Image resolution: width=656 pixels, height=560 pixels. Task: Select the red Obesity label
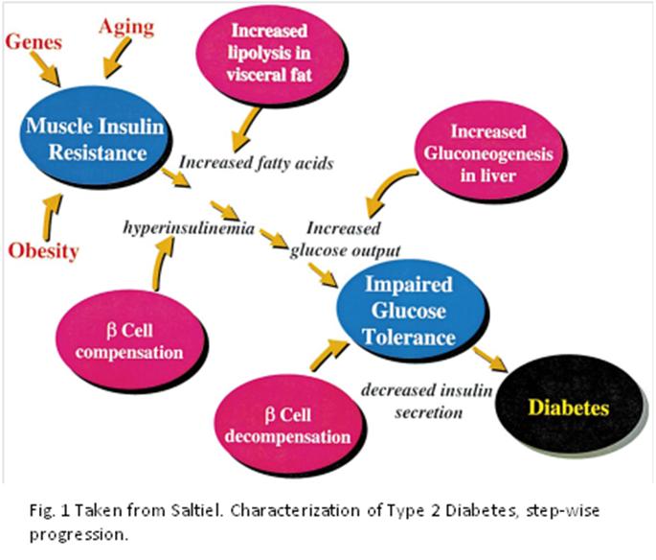click(43, 251)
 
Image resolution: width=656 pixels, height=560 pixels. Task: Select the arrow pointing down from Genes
click(43, 67)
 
